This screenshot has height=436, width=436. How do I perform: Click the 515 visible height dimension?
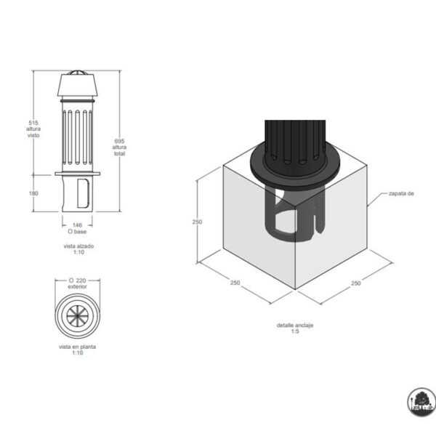tap(33, 123)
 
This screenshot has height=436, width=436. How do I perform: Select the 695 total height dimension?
tap(120, 141)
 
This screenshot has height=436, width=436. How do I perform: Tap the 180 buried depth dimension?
tap(33, 193)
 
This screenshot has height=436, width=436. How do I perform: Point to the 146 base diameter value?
tap(77, 225)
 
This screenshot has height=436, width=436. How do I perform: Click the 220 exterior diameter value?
tap(81, 280)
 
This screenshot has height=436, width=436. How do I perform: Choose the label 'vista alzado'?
tap(78, 246)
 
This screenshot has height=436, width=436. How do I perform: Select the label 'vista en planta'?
tap(77, 347)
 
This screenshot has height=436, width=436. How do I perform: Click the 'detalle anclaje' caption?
tap(295, 325)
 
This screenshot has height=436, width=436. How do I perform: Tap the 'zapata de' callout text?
tap(401, 193)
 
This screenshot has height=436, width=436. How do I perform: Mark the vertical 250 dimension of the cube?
tap(197, 222)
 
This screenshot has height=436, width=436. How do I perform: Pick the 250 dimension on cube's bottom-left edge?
tap(235, 283)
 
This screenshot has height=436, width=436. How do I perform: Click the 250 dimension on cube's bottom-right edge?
tap(356, 283)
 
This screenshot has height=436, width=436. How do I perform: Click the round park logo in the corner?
tap(421, 402)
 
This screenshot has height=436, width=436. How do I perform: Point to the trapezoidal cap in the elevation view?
tap(78, 85)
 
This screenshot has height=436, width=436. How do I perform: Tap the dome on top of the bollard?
tap(78, 72)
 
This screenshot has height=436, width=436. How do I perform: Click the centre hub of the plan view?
tap(78, 316)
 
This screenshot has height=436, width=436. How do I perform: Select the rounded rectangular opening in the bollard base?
tap(83, 193)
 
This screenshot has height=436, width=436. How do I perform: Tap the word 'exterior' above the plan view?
tap(77, 286)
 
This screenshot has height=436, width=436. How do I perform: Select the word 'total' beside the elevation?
tap(120, 153)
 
